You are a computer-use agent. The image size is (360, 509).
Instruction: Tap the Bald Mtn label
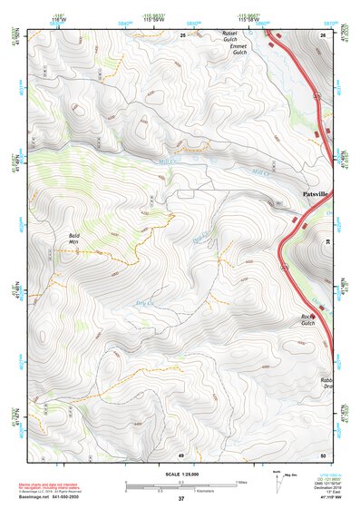(74, 239)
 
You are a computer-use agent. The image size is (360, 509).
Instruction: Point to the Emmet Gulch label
(234, 49)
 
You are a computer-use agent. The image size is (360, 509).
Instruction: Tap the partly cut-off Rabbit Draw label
(327, 383)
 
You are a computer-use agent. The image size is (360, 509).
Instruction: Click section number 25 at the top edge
(181, 34)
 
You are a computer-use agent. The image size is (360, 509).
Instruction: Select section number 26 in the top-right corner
(322, 34)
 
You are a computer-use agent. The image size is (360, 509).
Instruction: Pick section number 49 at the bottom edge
(181, 454)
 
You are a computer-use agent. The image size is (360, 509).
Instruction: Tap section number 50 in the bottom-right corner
(322, 454)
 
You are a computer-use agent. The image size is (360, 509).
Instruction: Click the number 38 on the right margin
(329, 240)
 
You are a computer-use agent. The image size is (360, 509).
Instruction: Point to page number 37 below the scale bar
(181, 499)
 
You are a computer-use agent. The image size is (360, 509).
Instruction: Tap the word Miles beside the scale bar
(241, 482)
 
